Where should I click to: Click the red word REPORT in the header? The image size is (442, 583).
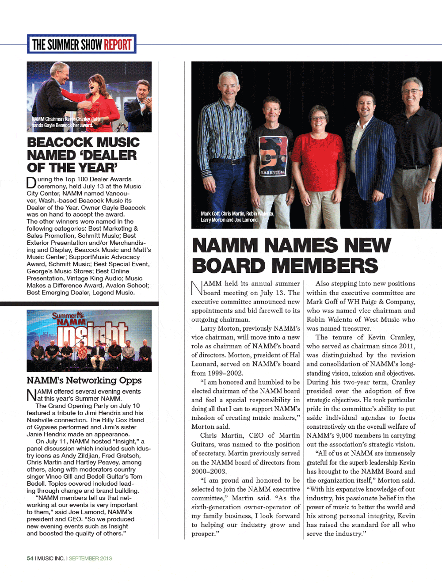tap(118, 44)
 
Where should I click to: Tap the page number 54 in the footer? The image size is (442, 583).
tap(30, 558)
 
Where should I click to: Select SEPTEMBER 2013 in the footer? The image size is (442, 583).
tap(90, 558)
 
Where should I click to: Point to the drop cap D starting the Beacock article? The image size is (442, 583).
tap(31, 183)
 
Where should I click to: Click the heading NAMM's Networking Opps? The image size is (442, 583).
tap(84, 380)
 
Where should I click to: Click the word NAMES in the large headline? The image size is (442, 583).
tap(297, 245)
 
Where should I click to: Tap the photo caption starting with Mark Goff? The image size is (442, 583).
tap(237, 217)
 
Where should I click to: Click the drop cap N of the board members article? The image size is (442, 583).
tap(197, 288)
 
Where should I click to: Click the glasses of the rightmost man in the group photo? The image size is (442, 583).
tap(411, 91)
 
